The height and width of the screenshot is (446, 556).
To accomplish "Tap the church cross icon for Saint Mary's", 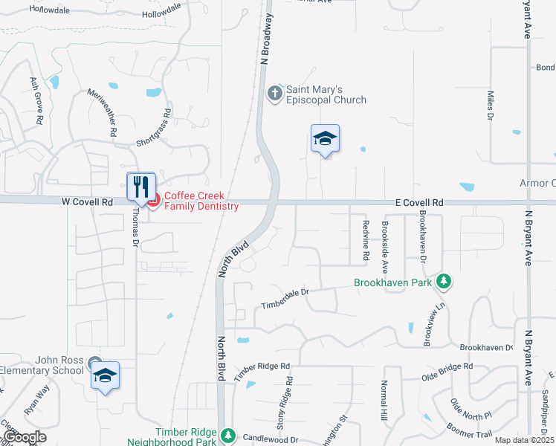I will click(274, 94).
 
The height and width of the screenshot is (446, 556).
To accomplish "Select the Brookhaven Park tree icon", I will click(444, 282).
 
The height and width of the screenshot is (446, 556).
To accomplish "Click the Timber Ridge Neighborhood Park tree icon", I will click(229, 434).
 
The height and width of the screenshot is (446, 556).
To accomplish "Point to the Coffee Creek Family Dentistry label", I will click(201, 201).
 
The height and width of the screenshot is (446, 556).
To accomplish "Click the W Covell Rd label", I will click(86, 201).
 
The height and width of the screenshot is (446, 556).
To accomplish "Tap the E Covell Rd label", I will click(418, 202).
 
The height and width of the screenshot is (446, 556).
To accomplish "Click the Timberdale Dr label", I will click(285, 299).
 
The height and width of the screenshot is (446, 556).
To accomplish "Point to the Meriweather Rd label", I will click(103, 111).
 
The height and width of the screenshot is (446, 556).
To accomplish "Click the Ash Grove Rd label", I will click(35, 100).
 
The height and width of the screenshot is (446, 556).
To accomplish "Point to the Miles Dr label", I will click(491, 105).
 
